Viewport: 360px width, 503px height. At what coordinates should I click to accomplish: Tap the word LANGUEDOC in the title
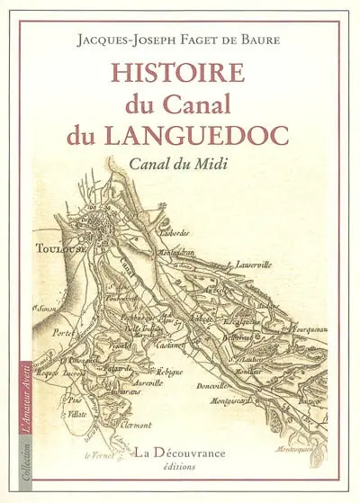coord(225,137)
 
